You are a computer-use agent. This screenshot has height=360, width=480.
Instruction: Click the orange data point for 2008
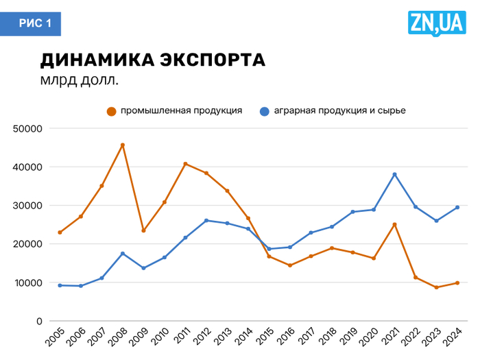click(x=123, y=145)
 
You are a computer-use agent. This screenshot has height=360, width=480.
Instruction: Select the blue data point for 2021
click(x=395, y=174)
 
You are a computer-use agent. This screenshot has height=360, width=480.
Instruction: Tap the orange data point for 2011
click(x=185, y=164)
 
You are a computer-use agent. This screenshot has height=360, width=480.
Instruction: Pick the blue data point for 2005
click(x=60, y=285)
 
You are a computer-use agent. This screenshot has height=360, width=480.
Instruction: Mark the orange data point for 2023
click(x=436, y=287)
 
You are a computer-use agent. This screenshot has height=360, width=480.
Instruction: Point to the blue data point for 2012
click(x=206, y=221)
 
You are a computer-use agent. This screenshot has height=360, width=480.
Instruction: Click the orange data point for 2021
click(x=395, y=224)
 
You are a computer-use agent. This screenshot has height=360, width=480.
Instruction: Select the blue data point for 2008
click(x=123, y=254)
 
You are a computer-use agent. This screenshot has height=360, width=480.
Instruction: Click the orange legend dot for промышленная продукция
click(x=111, y=110)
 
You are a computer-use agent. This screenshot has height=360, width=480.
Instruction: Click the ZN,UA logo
click(x=437, y=23)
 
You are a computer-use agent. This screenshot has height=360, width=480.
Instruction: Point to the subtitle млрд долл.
click(x=80, y=80)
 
